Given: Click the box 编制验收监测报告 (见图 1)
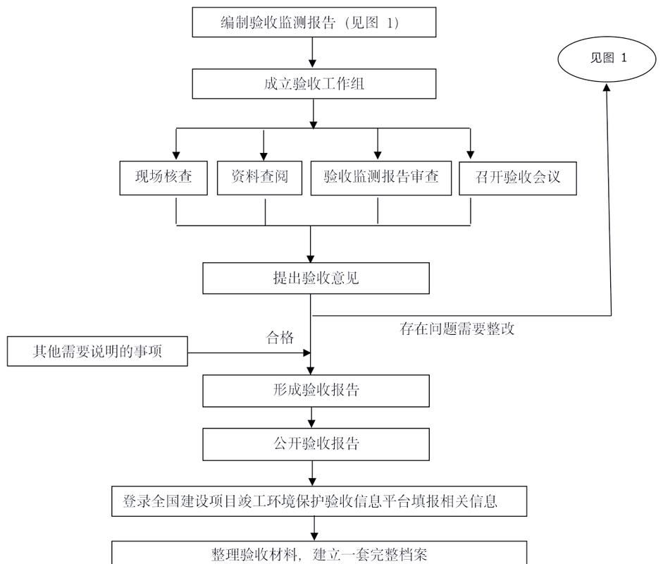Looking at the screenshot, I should (314, 23).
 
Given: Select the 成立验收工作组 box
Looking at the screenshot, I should (314, 85).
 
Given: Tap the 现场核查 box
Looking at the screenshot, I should (163, 178).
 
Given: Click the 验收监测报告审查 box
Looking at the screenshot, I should (380, 178).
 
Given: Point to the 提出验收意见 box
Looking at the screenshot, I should (316, 278).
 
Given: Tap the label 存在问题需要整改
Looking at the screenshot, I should (457, 329).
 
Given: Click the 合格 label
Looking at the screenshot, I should (280, 337).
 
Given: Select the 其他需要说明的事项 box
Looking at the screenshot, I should (97, 352).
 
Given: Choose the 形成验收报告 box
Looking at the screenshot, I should (316, 391).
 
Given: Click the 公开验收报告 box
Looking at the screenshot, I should (316, 444).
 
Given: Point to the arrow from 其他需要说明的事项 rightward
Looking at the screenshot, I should (247, 352).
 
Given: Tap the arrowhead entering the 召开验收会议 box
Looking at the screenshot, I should (470, 155).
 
